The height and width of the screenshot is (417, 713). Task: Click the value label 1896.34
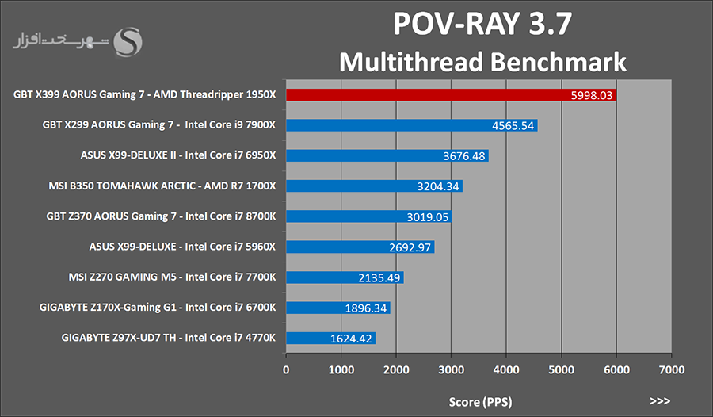(365, 308)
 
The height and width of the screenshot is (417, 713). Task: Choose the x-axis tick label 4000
(506, 369)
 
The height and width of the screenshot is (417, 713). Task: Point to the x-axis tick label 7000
(671, 369)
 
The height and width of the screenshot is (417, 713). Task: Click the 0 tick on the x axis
(286, 369)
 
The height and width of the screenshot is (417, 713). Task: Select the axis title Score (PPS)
(479, 402)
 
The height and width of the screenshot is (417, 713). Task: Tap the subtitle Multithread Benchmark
(482, 62)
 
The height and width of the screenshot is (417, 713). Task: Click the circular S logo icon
(128, 41)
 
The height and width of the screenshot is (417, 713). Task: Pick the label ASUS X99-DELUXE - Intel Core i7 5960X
(182, 247)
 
